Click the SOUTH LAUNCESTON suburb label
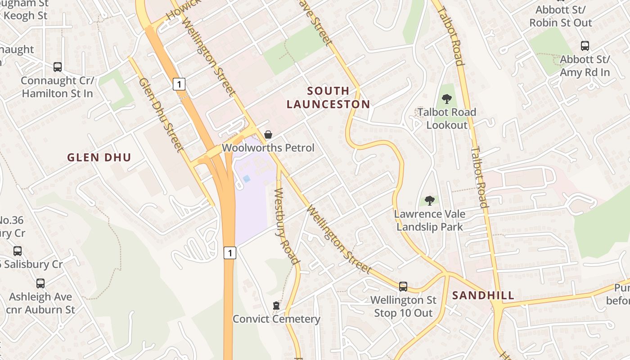(x=328, y=98)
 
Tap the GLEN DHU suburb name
(x=99, y=157)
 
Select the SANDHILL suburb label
(x=483, y=296)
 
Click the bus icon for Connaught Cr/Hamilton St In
(x=58, y=67)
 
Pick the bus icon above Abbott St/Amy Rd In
(x=585, y=46)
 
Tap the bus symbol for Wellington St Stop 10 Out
(x=403, y=287)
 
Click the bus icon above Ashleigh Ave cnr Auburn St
(x=40, y=283)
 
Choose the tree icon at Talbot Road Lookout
(x=447, y=99)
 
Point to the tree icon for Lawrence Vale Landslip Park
(x=430, y=201)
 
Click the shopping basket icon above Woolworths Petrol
(x=268, y=135)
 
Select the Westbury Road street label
(x=286, y=226)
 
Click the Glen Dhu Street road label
(x=161, y=115)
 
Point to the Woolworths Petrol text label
(x=268, y=148)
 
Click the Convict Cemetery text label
(x=276, y=319)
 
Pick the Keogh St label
(x=25, y=16)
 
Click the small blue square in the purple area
(x=246, y=179)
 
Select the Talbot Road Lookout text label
(x=447, y=118)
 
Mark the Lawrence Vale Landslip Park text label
(x=430, y=220)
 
